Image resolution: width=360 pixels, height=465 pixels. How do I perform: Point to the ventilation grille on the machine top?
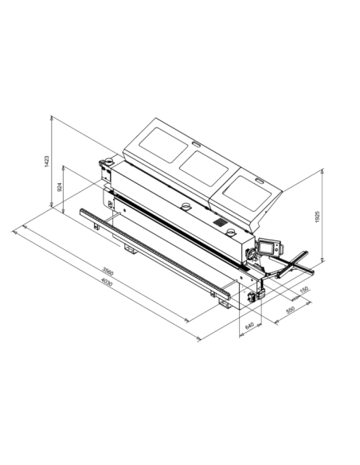pos(219,222)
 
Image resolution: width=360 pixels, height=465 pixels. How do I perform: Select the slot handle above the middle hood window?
pos(194,143)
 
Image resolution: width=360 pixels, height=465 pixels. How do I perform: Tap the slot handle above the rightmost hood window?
pos(259,180)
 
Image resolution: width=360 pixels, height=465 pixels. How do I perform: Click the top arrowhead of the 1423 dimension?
pos(52,116)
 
